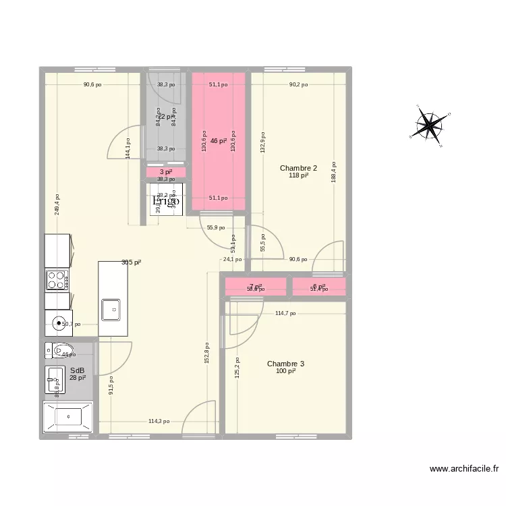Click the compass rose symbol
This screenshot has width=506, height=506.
429,125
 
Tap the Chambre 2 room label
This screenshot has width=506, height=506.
298,168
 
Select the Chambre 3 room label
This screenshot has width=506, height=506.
285,364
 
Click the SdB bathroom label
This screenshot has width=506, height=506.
77,370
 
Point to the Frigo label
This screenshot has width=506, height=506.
165,200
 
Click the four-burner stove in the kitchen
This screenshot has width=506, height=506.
57,279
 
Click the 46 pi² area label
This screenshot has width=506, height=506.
218,141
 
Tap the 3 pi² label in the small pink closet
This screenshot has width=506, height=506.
165,172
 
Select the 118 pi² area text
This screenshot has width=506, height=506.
298,175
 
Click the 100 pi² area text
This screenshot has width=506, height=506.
285,371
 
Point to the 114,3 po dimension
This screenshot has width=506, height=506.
160,422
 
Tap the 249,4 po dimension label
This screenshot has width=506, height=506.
57,200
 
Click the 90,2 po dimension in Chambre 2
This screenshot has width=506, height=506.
298,85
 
